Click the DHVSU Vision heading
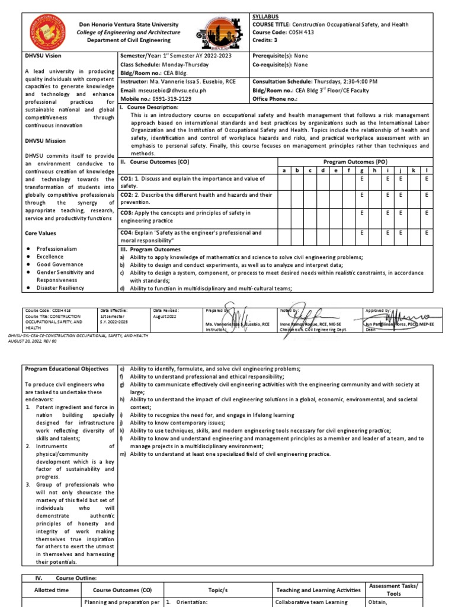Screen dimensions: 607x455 pyautogui.click(x=42, y=55)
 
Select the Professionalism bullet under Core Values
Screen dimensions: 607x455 pyautogui.click(x=57, y=249)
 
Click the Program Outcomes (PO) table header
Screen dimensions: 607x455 pyautogui.click(x=355, y=161)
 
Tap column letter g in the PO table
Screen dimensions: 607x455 pyautogui.click(x=361, y=171)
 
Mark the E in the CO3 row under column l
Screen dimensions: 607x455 pyautogui.click(x=426, y=212)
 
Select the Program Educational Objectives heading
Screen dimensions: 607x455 pyautogui.click(x=66, y=369)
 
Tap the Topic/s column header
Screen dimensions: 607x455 pyautogui.click(x=217, y=590)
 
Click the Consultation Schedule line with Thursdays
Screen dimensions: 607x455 pyautogui.click(x=323, y=81)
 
